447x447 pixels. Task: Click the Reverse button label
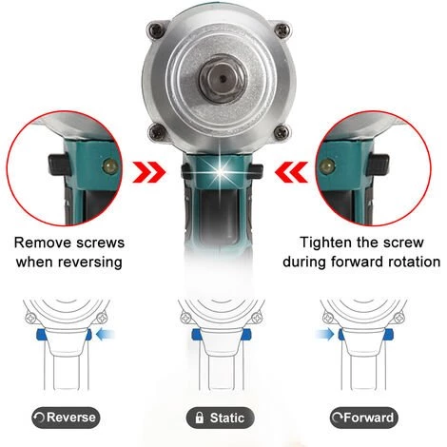pos(66,418)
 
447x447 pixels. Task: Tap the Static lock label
pos(221,418)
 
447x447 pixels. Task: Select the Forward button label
pos(364,418)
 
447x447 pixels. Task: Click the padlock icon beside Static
pos(200,418)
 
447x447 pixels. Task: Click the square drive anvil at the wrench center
pos(222,78)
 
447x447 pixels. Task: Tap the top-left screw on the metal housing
pos(155,31)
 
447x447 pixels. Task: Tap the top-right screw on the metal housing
pos(282,30)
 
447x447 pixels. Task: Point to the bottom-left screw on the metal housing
pos(156,130)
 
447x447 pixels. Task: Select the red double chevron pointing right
pos(149,173)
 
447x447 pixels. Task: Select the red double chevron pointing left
pos(291,173)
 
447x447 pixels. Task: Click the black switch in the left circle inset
pos(58,164)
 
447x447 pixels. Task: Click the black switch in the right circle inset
pos(378,164)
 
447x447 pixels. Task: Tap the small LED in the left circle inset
pos(108,165)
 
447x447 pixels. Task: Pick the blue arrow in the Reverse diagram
pos(105,335)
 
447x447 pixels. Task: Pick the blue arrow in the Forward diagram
pos(324,335)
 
